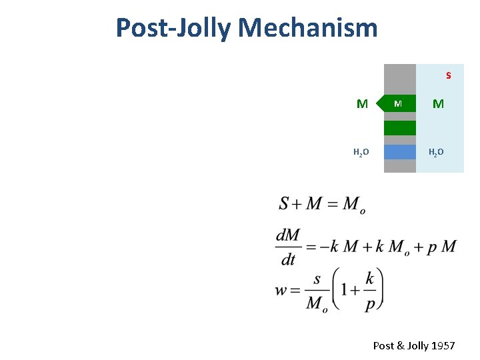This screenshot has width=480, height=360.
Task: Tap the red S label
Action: (449, 75)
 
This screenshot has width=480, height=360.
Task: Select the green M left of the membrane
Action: (362, 104)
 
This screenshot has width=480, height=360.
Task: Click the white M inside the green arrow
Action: (398, 104)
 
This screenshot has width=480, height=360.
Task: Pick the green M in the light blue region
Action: (438, 104)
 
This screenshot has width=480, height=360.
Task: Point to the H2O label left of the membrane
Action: (361, 153)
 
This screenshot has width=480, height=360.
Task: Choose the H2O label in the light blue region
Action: (436, 153)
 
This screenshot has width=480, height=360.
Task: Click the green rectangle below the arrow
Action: (400, 127)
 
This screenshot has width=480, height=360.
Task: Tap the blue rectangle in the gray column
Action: (400, 152)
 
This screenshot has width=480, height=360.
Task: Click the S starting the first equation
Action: (284, 204)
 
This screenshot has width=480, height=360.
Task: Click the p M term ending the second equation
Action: (442, 246)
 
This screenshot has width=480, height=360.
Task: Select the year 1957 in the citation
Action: (443, 345)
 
